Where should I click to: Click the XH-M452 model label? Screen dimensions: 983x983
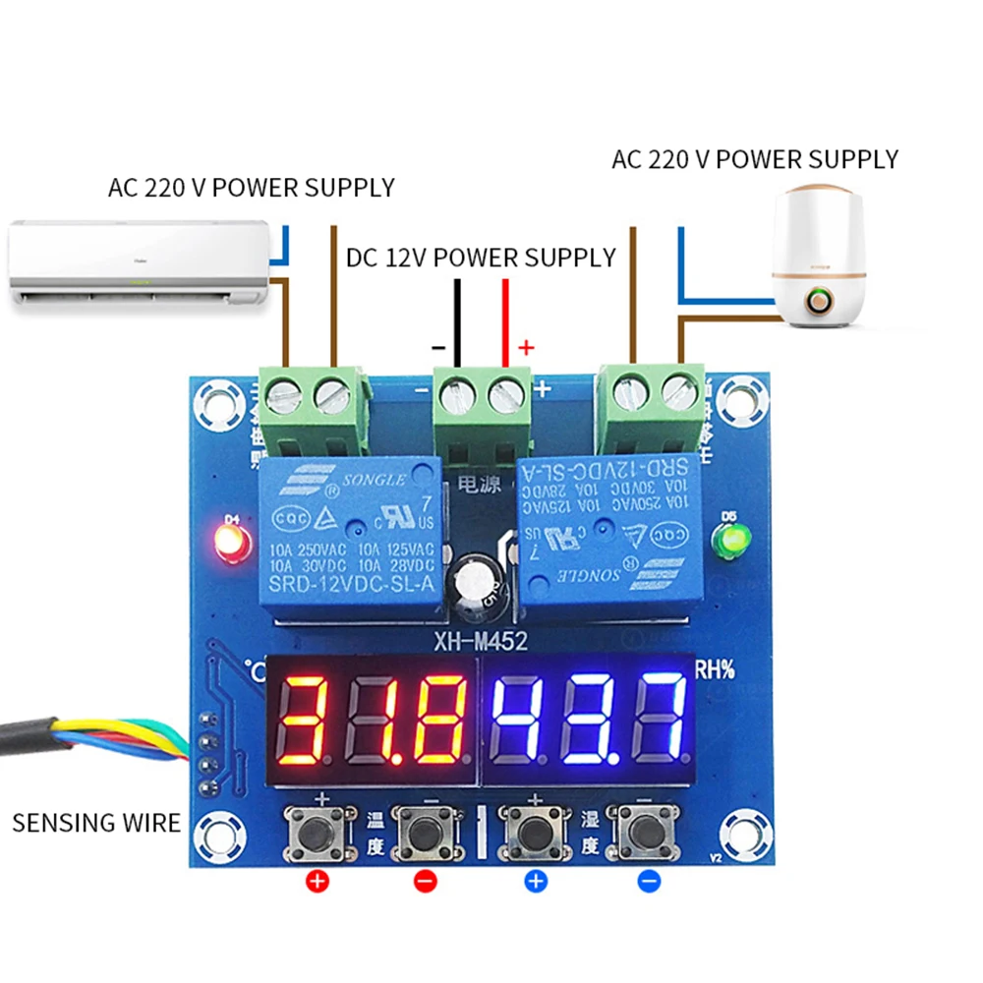tap(481, 642)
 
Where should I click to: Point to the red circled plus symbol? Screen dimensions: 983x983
tap(317, 881)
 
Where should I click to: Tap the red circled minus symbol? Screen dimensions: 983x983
tap(425, 881)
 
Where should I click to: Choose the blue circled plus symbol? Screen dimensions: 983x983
tap(535, 881)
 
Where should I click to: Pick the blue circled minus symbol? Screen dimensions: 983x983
tap(648, 881)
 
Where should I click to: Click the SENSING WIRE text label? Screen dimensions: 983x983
tap(96, 823)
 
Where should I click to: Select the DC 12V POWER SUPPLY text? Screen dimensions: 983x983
tap(481, 258)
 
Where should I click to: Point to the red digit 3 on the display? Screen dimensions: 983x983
tap(306, 720)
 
